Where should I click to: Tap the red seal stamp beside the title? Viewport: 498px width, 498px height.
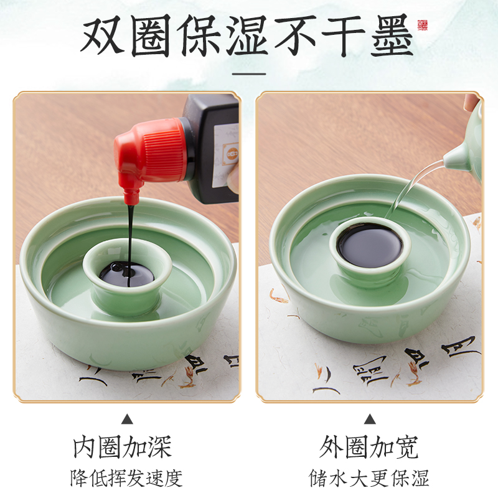423,26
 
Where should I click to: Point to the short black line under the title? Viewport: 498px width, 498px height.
248,73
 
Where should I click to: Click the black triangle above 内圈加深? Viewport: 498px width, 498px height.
127,418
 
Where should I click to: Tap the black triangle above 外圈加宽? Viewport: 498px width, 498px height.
370,418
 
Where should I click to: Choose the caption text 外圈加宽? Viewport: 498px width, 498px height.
369,447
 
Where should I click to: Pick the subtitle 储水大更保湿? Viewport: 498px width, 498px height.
369,477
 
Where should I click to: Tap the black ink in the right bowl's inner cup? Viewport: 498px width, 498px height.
369,245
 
